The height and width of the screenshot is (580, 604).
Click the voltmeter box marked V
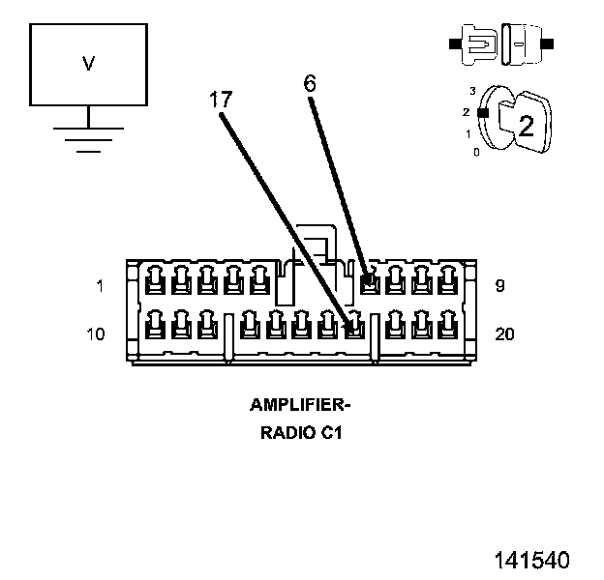click(x=89, y=65)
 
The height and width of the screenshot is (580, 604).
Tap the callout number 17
click(x=221, y=100)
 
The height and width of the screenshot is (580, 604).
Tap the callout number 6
click(x=310, y=83)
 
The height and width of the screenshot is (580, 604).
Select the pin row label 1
click(x=100, y=286)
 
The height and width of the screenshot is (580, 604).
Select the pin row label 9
click(x=499, y=286)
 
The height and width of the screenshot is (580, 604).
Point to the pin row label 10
click(x=96, y=333)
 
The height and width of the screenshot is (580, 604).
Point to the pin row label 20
click(x=504, y=333)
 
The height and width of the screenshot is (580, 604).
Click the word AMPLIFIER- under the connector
click(x=300, y=405)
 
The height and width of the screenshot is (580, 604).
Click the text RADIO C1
click(x=301, y=433)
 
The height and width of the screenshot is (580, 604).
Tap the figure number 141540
click(x=532, y=560)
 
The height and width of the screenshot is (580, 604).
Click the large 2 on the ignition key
click(x=527, y=125)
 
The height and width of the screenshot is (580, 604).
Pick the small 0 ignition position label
click(x=476, y=153)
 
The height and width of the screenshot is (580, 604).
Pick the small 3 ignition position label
click(x=472, y=91)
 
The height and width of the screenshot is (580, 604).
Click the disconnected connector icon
click(x=501, y=43)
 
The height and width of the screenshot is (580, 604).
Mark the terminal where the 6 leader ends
click(x=370, y=280)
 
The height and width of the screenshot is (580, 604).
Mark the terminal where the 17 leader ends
click(x=355, y=325)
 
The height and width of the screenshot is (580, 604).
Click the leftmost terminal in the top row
click(x=155, y=280)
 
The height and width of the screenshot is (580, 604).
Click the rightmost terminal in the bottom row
click(x=447, y=325)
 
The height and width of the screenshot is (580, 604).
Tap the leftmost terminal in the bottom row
click(x=155, y=325)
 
